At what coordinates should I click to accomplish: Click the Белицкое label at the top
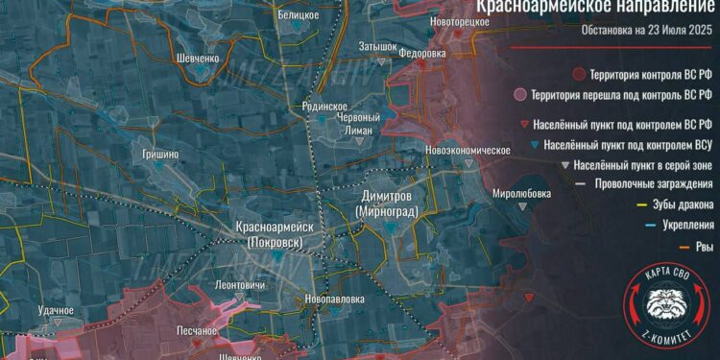[300, 16]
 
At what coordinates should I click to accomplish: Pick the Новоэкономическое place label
[469, 151]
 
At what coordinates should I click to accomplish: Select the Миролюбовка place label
[522, 192]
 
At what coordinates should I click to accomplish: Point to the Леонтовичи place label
[241, 286]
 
